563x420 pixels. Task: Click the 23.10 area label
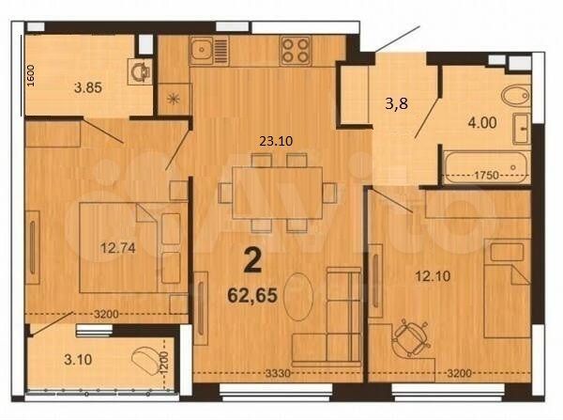[x=276, y=141]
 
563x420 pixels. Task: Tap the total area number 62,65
[x=251, y=293]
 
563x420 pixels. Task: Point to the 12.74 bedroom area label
[x=118, y=249]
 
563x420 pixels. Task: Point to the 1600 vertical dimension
[x=30, y=75]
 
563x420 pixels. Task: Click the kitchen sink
[x=203, y=51]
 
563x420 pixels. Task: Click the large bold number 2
[x=251, y=259]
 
